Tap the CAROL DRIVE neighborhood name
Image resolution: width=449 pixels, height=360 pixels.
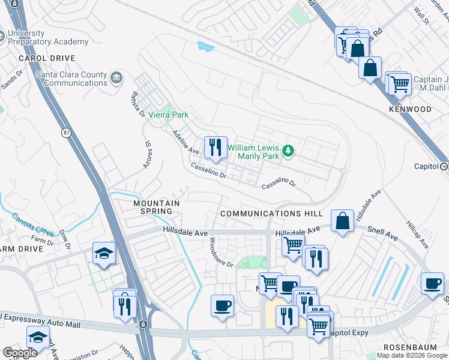[47, 58]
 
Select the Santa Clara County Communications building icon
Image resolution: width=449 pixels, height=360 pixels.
[116, 77]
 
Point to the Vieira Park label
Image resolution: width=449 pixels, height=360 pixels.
[169, 115]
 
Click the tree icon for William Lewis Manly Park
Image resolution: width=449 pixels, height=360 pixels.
[288, 151]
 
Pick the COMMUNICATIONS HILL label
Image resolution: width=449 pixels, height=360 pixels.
[271, 214]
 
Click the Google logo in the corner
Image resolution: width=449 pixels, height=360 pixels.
[20, 353]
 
